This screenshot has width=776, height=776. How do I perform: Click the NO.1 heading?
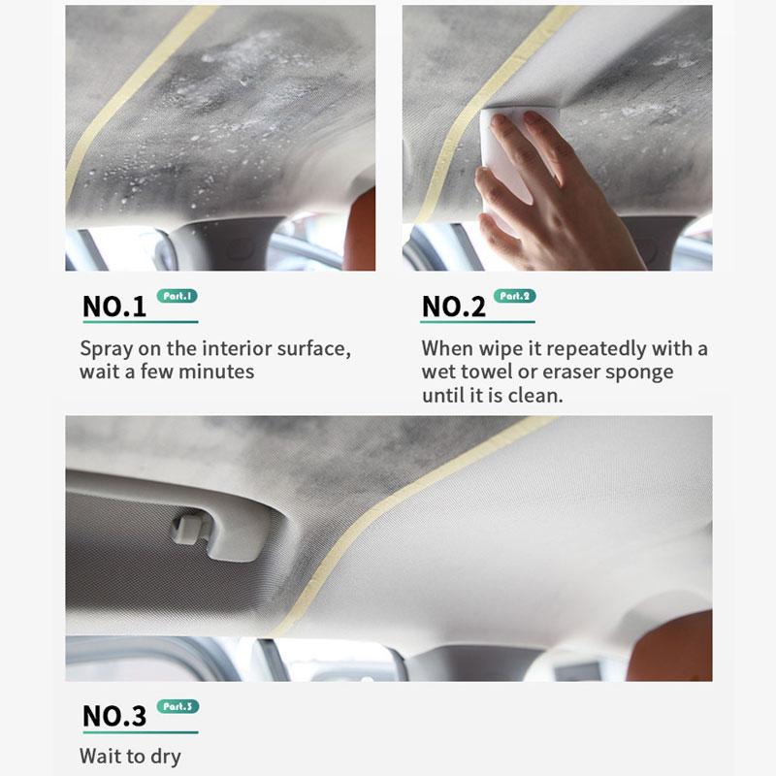(113, 307)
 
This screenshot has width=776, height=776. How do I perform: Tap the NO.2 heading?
(453, 307)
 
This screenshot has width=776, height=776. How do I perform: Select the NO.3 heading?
(113, 716)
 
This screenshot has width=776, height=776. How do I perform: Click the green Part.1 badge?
(177, 296)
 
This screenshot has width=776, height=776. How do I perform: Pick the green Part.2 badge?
(514, 296)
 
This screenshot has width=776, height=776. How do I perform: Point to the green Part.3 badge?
(177, 706)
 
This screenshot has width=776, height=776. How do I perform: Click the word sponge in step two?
(640, 372)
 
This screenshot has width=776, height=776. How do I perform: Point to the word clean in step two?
(535, 396)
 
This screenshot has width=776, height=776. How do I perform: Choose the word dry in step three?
(163, 756)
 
